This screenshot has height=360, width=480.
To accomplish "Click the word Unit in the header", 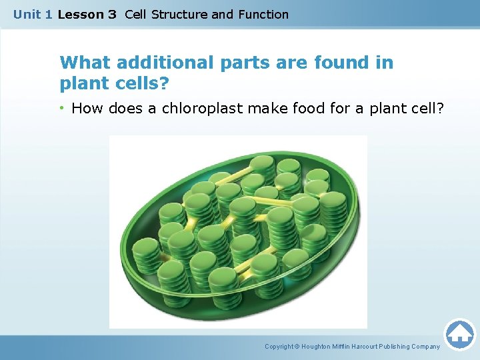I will (x=27, y=14).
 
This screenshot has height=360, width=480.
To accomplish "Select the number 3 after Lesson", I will (x=111, y=14).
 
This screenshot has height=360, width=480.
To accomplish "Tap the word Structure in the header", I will (x=179, y=14).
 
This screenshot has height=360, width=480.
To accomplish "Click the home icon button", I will (x=460, y=334).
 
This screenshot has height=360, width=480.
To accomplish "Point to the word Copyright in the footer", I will (x=280, y=347).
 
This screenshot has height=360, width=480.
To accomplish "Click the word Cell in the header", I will (x=135, y=14).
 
